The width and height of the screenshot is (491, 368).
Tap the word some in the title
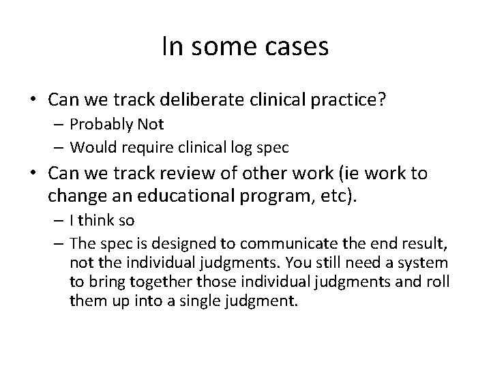click(221, 47)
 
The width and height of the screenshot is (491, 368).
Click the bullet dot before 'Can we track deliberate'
click(33, 100)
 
